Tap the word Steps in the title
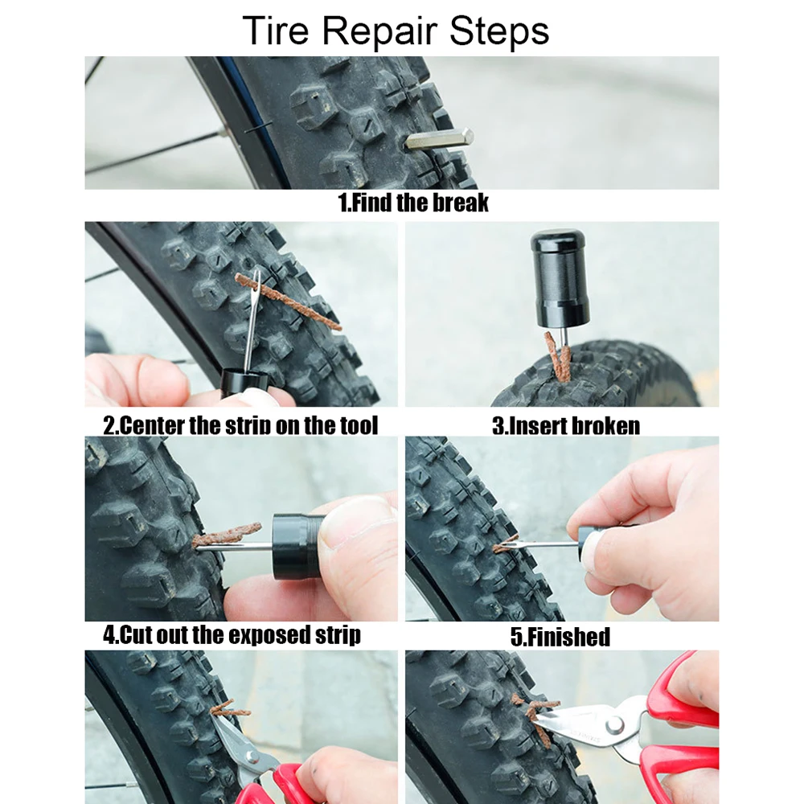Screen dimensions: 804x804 point(500,32)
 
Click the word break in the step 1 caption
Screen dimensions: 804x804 point(460,202)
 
